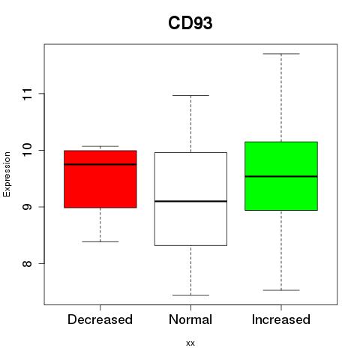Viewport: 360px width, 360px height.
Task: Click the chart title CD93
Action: point(190,23)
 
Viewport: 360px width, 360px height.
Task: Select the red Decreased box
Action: point(100,179)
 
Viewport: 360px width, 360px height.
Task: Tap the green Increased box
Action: point(281,176)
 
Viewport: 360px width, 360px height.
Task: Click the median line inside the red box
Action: point(100,164)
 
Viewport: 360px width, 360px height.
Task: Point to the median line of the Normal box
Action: point(190,201)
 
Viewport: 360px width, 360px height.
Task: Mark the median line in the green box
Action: point(281,176)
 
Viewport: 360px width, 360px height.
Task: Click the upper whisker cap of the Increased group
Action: point(281,54)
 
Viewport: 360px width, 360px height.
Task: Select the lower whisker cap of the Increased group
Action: point(281,290)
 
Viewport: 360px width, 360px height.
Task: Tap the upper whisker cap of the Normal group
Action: point(190,95)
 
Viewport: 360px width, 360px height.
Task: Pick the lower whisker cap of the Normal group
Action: point(190,295)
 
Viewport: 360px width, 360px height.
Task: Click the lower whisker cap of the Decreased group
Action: point(100,241)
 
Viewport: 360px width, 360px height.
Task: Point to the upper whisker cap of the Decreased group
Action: point(100,146)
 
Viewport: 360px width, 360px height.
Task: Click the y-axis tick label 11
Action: point(27,94)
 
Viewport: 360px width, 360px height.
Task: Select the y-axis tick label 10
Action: point(27,150)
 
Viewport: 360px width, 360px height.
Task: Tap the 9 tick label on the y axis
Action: point(27,207)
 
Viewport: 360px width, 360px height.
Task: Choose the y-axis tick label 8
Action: point(27,263)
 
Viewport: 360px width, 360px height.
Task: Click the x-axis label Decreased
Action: point(100,319)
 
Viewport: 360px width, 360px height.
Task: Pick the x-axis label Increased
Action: point(281,319)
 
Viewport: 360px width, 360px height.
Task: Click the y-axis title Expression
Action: point(7,174)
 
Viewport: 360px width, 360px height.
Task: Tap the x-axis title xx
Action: point(190,343)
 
